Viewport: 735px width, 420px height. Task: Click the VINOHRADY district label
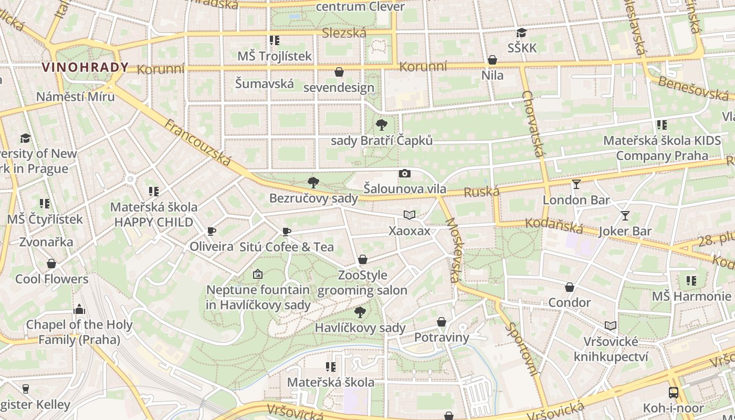85,67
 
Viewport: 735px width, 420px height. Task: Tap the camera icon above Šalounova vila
404,174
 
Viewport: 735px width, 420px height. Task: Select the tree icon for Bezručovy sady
313,183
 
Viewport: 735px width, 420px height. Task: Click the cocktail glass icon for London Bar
576,184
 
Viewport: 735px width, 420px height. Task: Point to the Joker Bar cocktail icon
625,215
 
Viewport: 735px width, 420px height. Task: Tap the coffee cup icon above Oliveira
212,231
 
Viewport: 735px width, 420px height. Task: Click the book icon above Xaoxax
409,215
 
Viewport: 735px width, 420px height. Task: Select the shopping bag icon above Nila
492,60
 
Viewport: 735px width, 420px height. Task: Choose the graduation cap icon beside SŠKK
521,33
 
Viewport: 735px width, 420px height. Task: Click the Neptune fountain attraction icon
257,274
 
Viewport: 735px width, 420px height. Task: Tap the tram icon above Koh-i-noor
673,392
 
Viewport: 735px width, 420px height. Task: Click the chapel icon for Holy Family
79,309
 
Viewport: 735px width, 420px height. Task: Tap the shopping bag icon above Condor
569,287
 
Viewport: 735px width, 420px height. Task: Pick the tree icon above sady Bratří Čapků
382,125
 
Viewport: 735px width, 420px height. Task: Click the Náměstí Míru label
75,97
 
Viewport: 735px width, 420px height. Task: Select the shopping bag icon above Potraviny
441,322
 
